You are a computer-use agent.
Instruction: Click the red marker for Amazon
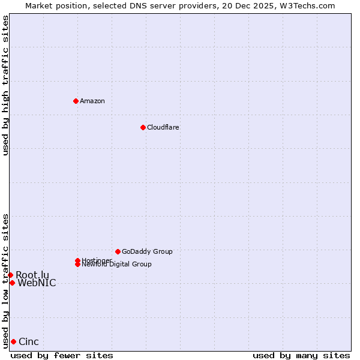[x=76, y=101]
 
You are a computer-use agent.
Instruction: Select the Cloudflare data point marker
[x=143, y=127]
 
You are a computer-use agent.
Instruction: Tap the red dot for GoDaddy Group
[x=118, y=251]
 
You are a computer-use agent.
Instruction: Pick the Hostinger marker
[x=77, y=260]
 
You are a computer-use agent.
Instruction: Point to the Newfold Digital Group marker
[x=78, y=264]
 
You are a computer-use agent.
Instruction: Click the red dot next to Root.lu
[x=10, y=275]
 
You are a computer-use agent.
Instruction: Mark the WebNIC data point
[x=12, y=283]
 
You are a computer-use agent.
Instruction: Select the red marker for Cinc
[x=13, y=341]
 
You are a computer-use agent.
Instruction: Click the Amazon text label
[x=92, y=101]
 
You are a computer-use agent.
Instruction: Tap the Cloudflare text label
[x=163, y=127]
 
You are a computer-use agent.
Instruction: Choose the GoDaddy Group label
[x=147, y=251]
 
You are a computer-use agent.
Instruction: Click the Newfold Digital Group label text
[x=117, y=265]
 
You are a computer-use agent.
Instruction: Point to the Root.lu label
[x=32, y=275]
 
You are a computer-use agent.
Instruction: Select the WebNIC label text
[x=37, y=283]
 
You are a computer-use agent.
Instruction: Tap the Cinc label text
[x=29, y=342]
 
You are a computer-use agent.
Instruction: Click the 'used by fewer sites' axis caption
[x=62, y=356]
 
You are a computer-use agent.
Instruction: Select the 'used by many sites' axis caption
[x=301, y=356]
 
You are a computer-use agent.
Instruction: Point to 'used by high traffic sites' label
[x=5, y=85]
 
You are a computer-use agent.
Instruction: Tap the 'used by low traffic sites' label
[x=5, y=281]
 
